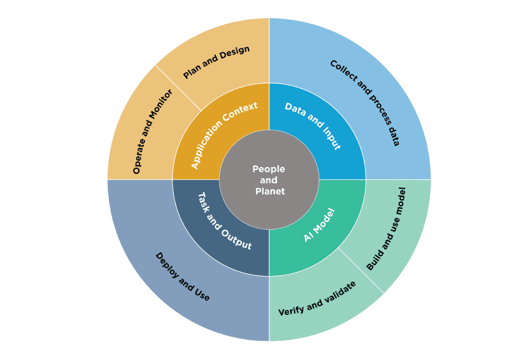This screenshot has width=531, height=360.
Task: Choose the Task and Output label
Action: click(x=225, y=220)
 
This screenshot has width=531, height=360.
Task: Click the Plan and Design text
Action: click(x=216, y=63)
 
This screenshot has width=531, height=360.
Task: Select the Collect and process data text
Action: click(x=365, y=103)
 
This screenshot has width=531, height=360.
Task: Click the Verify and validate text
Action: click(x=317, y=299)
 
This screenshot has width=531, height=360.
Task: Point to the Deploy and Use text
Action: click(x=183, y=277)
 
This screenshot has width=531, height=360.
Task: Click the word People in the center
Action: click(x=269, y=169)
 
